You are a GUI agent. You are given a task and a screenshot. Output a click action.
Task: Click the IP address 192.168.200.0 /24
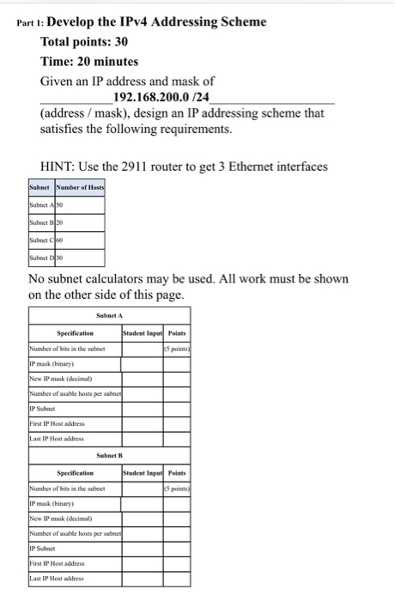163,97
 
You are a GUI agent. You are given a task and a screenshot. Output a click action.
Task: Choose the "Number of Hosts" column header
80,188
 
